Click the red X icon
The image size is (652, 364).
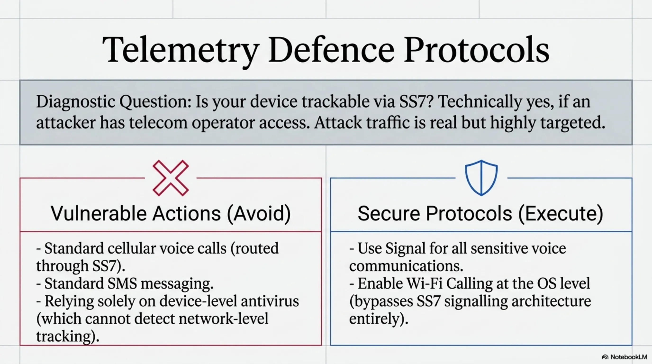(x=171, y=178)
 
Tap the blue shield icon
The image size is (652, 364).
(x=481, y=178)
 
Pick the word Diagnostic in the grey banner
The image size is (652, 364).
(x=76, y=102)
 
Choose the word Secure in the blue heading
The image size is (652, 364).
(x=389, y=213)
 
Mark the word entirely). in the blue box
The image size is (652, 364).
(x=379, y=318)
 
